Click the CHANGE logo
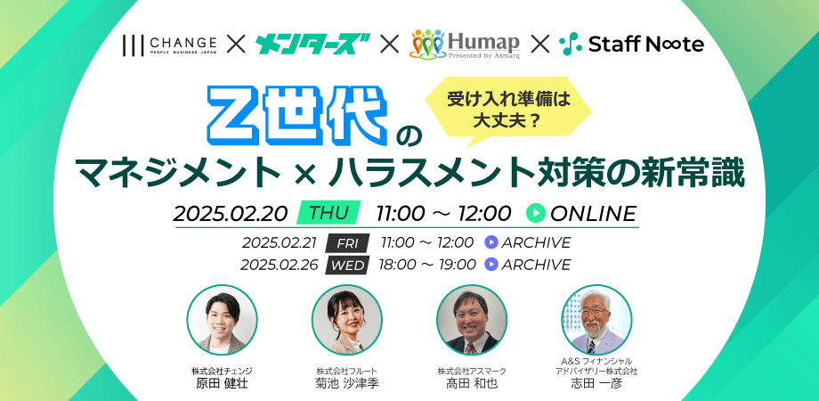[169, 45]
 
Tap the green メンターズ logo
[312, 45]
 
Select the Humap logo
[466, 44]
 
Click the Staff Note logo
[631, 45]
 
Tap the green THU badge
[328, 213]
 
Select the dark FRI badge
[347, 243]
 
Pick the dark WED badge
[348, 265]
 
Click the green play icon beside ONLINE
[536, 213]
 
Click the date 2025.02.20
[231, 213]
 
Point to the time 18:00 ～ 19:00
[427, 265]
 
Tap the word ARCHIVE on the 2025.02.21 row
[537, 243]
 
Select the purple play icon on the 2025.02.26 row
[491, 265]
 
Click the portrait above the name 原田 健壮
[222, 320]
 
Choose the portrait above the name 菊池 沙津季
[347, 320]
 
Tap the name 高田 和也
[472, 383]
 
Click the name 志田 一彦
[596, 383]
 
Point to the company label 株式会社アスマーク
[472, 371]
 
